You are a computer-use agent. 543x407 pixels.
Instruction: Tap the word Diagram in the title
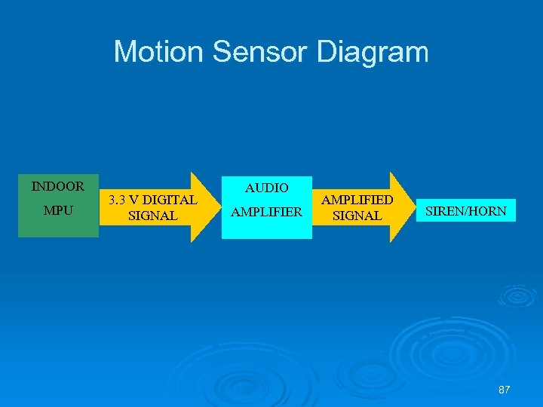[373, 52]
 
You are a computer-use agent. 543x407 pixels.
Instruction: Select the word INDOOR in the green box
[58, 185]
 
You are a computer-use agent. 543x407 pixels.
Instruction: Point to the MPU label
[58, 210]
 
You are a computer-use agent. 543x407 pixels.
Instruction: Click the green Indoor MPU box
[58, 225]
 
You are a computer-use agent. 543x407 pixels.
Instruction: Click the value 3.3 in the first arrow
[118, 200]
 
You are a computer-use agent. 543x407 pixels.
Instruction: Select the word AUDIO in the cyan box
[266, 188]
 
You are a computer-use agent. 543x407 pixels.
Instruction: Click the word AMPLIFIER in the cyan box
[266, 213]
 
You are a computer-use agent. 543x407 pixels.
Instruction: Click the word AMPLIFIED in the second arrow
[357, 200]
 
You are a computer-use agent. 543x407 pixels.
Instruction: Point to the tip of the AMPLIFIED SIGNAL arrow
[414, 207]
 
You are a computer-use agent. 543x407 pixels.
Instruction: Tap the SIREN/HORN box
[465, 211]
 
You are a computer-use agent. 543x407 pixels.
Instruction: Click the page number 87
[505, 390]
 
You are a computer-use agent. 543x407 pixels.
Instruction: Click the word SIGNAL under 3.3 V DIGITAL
[153, 216]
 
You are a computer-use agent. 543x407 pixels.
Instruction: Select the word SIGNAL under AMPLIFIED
[357, 216]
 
